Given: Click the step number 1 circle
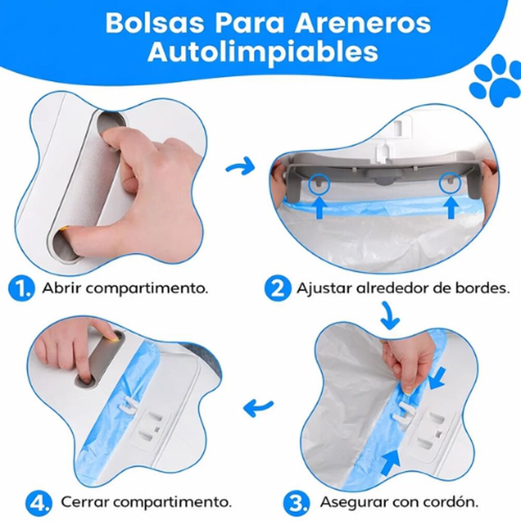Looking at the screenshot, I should click(22, 288).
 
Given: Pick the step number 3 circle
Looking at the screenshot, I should click(299, 503).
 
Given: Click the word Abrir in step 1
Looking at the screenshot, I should click(60, 288).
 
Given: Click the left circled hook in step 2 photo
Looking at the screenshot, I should click(318, 183).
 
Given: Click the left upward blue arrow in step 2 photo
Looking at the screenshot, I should click(318, 207).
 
